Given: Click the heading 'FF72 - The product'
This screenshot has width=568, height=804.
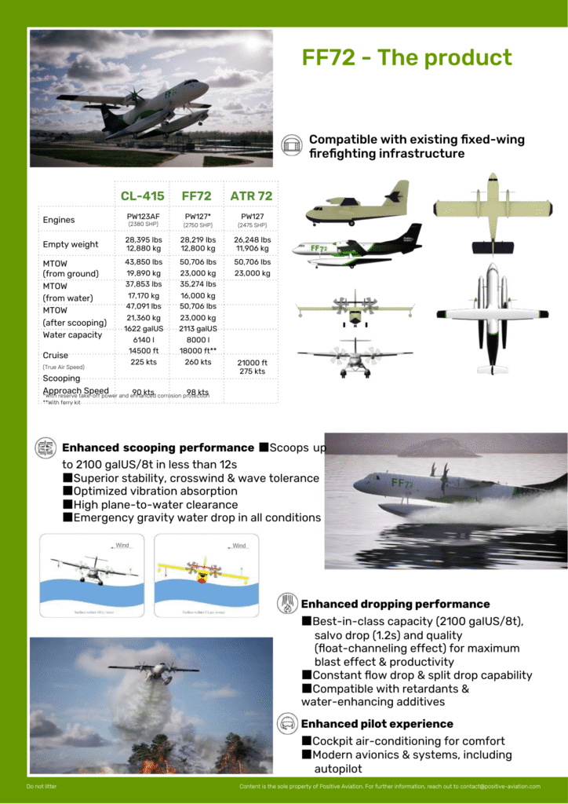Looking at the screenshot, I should point(406,57).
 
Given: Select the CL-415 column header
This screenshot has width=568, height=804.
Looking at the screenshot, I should point(142,196).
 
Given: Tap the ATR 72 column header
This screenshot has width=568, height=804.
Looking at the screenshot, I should point(251,196).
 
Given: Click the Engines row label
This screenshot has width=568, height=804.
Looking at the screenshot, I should point(59,220).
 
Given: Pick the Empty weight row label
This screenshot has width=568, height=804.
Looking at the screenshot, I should point(71,244).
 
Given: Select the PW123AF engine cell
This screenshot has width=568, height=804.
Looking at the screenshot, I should point(144,215).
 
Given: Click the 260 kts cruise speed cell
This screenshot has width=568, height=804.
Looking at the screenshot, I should point(198,362).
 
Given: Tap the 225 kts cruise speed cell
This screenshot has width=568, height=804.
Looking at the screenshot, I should point(144,362).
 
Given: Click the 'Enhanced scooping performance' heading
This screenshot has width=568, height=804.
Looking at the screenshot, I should point(158,448).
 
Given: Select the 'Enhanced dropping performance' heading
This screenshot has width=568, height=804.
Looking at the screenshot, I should point(395,604).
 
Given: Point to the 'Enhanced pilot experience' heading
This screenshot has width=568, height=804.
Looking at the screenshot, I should point(377,723).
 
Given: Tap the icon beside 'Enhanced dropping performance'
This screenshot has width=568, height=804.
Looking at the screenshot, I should point(287,604).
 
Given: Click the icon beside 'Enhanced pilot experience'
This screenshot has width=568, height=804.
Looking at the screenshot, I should point(287,723).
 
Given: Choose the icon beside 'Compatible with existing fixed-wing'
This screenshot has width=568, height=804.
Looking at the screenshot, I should point(292,144).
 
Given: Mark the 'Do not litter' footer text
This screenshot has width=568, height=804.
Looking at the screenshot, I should point(42,786).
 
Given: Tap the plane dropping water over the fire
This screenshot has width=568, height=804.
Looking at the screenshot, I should point(157,671).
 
